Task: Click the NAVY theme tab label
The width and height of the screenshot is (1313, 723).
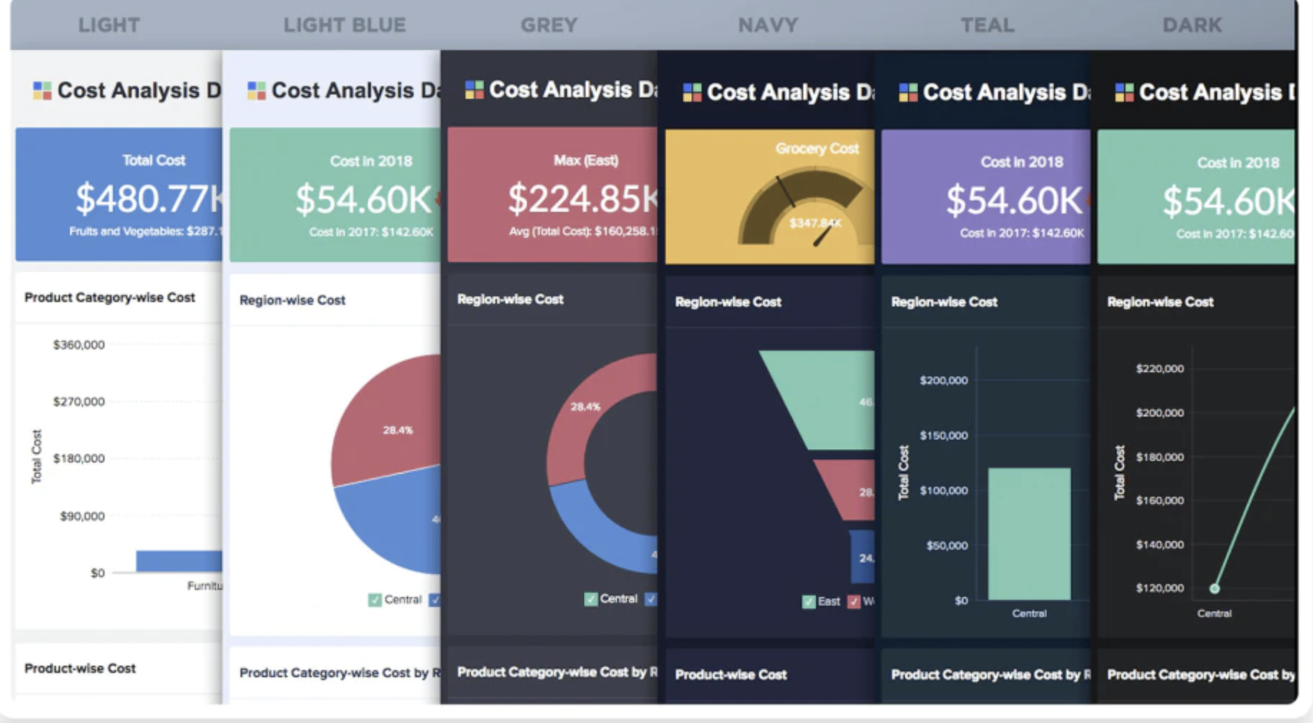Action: click(767, 25)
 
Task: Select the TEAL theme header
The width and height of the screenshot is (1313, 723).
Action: click(987, 25)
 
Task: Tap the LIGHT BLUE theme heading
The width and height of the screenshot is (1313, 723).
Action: click(344, 25)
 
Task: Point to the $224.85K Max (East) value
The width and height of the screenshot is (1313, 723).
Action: click(582, 198)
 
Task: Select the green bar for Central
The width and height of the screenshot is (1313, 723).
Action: click(1029, 533)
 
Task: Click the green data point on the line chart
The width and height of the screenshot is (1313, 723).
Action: click(1214, 588)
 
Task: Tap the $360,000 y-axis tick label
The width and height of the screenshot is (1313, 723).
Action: click(79, 345)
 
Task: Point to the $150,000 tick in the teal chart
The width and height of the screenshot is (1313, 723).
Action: click(944, 435)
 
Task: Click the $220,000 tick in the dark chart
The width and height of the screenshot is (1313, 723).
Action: click(1160, 369)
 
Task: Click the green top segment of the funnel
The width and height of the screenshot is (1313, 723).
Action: click(823, 397)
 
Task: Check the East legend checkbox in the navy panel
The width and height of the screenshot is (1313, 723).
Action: click(808, 601)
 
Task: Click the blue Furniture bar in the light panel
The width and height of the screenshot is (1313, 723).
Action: click(179, 561)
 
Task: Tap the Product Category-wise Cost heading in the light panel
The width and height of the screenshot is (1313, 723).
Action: click(110, 298)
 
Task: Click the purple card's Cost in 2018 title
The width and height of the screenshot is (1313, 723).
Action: click(1022, 162)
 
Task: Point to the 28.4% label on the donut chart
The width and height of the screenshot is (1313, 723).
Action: click(585, 407)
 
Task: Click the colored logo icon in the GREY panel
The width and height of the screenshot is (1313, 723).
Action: click(474, 89)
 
